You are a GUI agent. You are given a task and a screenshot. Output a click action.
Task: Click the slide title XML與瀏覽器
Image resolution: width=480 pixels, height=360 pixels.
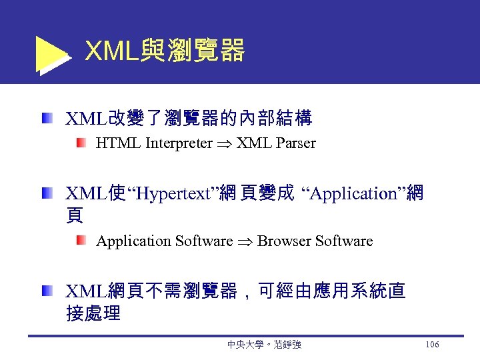pos(165,50)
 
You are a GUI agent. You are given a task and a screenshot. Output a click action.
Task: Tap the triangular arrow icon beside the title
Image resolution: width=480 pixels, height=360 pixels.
pos(51,54)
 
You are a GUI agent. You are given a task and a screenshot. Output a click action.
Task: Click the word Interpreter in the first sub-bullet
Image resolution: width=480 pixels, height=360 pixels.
pos(178,143)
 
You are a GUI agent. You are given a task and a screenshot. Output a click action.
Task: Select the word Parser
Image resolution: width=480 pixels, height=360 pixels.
pos(293,143)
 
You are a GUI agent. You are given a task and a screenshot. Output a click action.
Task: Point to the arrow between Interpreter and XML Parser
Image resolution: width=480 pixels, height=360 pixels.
pos(225,144)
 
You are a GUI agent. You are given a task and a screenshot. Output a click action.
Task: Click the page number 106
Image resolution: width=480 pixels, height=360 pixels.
pos(431,345)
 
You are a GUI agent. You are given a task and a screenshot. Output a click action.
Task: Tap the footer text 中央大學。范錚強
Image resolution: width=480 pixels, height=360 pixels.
pos(264,345)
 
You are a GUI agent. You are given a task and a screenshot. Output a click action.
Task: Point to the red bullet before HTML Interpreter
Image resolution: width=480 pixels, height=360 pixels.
pos(81,143)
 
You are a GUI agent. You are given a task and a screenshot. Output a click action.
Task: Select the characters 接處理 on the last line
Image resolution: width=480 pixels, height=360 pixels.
pos(93,313)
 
